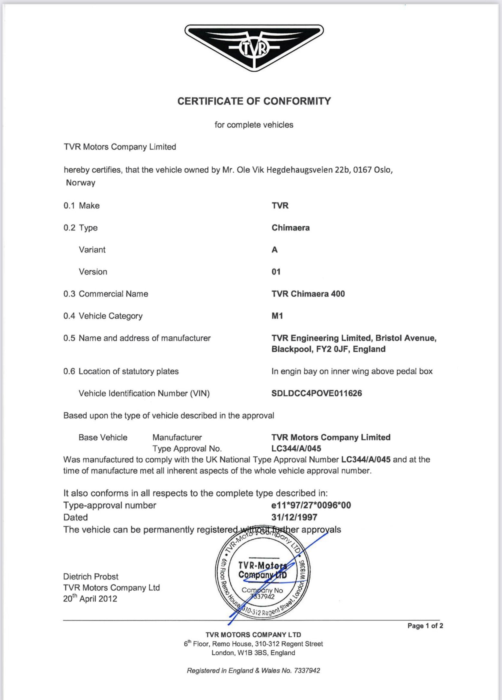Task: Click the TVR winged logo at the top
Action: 254,48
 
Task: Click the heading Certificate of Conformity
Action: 254,101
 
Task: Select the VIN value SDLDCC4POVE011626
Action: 316,393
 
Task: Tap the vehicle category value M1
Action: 277,316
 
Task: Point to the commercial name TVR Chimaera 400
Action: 308,294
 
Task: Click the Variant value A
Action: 274,250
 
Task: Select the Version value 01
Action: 276,272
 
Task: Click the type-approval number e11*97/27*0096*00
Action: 311,505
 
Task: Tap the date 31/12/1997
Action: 294,517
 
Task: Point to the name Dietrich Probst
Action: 91,576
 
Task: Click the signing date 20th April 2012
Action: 90,599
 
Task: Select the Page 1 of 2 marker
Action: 425,626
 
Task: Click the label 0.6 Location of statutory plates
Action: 121,371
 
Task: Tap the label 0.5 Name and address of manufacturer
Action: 137,338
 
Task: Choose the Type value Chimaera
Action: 290,228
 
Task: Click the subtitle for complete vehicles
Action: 254,125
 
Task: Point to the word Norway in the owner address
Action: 81,183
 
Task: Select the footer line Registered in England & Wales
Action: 253,671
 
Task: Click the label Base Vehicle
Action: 103,437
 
